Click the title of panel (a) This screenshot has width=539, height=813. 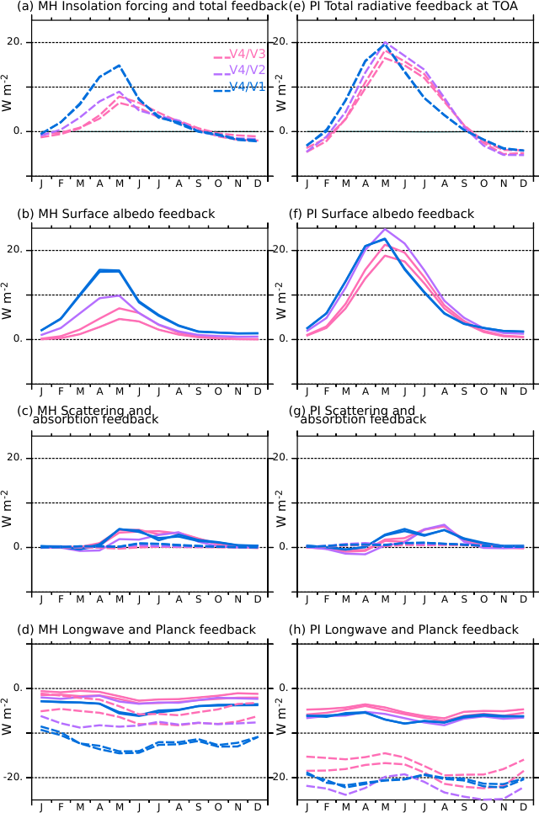point(152,7)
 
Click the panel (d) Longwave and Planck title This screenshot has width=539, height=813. point(136,630)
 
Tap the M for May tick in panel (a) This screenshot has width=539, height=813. point(120,183)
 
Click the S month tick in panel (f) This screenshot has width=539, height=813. point(464,391)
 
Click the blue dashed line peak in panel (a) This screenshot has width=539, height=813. point(120,65)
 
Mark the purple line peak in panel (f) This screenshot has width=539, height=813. point(385,229)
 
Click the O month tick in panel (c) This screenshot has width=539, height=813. point(218,599)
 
